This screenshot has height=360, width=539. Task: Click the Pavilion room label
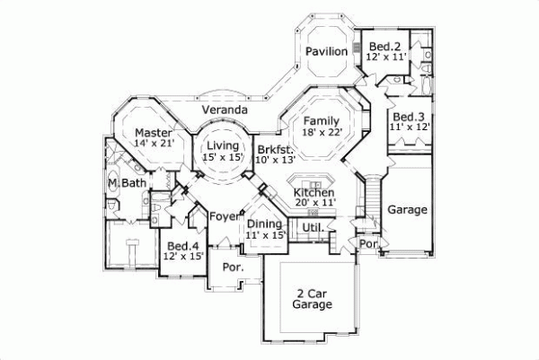(325, 52)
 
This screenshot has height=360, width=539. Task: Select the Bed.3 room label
(408, 117)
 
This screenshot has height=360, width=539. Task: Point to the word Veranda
(225, 110)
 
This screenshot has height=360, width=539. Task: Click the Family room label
(321, 120)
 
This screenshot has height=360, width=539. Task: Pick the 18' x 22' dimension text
(321, 132)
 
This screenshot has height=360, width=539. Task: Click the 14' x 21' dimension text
(153, 143)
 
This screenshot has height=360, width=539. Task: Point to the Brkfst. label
(271, 149)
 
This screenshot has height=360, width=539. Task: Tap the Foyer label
(224, 216)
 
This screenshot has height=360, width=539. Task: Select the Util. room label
(313, 229)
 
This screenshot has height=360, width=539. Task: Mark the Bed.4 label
(182, 245)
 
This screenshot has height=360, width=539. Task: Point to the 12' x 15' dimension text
(183, 257)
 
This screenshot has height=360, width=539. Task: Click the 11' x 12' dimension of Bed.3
(409, 128)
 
